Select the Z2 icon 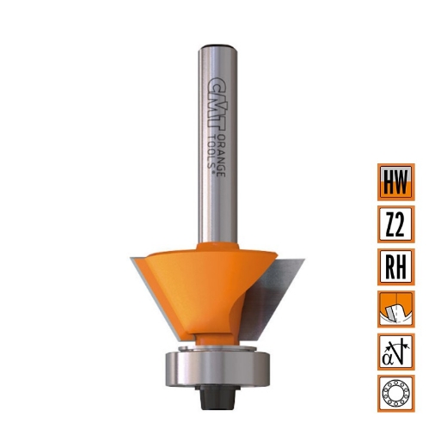pyautogui.click(x=395, y=224)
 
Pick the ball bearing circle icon pyautogui.click(x=395, y=393)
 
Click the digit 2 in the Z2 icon pyautogui.click(x=402, y=224)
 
